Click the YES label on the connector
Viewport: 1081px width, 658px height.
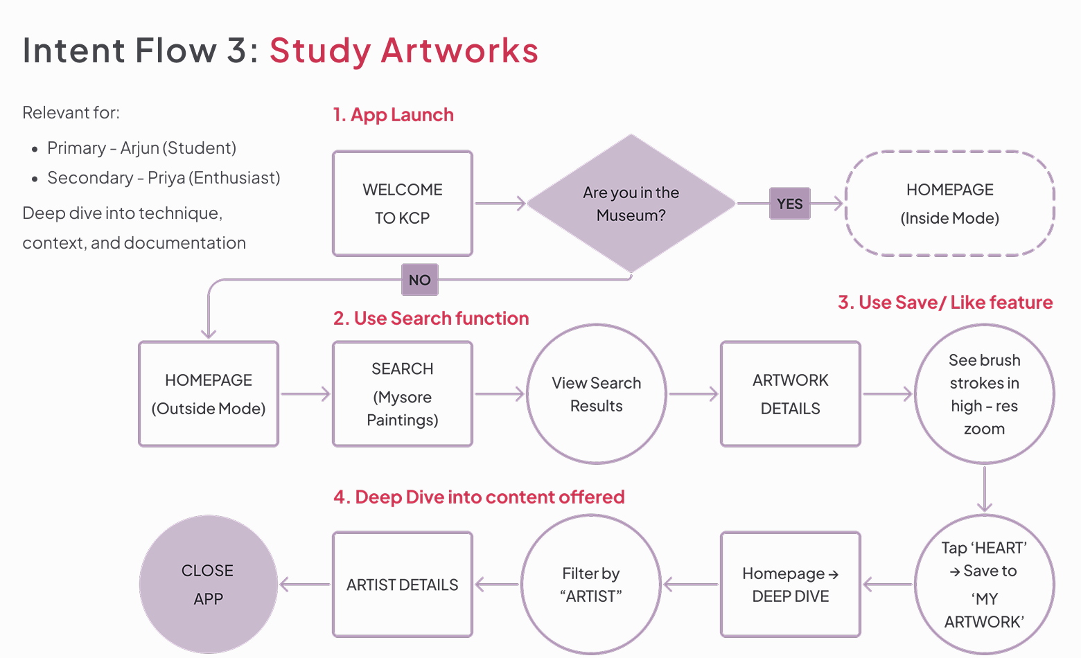[789, 204]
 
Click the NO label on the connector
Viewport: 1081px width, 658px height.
[419, 280]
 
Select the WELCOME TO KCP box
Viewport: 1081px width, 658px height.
[403, 204]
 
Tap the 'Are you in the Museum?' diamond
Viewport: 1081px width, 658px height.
[631, 204]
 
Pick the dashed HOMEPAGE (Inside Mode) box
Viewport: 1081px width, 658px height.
[949, 204]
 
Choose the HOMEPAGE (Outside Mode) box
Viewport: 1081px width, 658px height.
[209, 394]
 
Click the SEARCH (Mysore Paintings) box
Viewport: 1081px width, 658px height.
[403, 394]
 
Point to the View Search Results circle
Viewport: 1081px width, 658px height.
[597, 394]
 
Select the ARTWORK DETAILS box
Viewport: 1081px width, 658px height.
[791, 394]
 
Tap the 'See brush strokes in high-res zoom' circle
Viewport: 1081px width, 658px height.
[984, 394]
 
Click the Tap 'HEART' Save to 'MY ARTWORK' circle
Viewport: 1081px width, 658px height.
[984, 585]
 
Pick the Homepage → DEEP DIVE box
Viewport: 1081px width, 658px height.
[791, 585]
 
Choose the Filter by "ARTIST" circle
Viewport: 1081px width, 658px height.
[591, 585]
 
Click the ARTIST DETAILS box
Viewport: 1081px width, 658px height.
[403, 585]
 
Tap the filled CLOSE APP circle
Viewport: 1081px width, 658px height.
[209, 585]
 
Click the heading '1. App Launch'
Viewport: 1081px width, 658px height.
[393, 115]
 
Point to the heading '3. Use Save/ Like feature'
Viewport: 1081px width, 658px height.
[945, 303]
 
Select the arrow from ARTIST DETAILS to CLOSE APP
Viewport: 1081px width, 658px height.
[305, 585]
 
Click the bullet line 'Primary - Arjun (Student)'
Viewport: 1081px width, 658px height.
[141, 148]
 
